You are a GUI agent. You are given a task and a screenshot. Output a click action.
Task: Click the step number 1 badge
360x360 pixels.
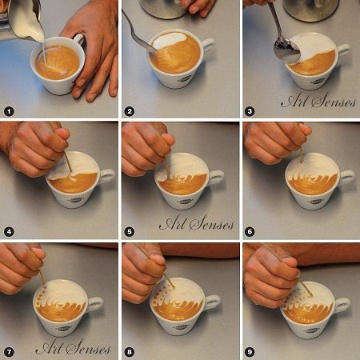[x=9, y=111]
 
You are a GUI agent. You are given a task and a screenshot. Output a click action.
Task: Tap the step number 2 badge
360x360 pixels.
[x=130, y=111]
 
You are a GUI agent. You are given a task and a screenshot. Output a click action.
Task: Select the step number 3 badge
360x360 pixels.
[x=250, y=111]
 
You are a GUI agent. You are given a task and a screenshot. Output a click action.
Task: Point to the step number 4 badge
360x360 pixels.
[x=9, y=231]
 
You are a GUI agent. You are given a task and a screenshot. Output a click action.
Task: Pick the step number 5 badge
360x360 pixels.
[x=130, y=231]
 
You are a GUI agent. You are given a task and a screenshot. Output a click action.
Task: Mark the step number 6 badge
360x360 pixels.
[x=250, y=231]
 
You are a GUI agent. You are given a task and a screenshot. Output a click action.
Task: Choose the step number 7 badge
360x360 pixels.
[x=9, y=352]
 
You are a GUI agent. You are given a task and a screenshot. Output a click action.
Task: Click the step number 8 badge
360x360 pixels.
[x=130, y=352]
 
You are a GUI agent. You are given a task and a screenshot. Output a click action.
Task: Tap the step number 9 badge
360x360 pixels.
[x=250, y=352]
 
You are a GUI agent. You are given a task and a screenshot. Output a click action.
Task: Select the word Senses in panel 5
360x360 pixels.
[x=212, y=222]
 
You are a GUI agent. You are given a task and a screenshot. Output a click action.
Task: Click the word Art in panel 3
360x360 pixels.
[x=294, y=101]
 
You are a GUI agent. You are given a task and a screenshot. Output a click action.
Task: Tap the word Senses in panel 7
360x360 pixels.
[x=89, y=347]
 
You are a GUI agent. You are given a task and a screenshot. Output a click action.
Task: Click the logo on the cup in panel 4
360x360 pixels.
[x=76, y=200]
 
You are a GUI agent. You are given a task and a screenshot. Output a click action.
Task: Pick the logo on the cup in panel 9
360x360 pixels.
[x=311, y=330]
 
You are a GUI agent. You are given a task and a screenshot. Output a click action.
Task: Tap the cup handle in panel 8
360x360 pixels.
[x=213, y=302]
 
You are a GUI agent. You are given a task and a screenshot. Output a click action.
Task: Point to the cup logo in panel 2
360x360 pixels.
[x=185, y=78]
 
